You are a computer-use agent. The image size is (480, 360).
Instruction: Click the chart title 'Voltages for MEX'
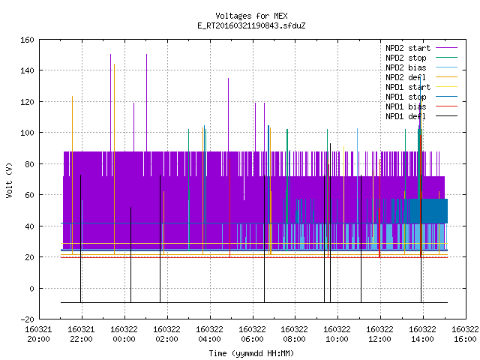click(x=251, y=16)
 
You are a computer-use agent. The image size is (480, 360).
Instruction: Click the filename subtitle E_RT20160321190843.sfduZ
click(x=251, y=25)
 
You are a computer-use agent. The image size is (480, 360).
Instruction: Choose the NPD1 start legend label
click(x=408, y=87)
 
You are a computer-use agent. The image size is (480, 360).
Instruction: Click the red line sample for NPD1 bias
click(x=447, y=106)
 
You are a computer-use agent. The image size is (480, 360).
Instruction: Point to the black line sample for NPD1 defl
click(x=447, y=116)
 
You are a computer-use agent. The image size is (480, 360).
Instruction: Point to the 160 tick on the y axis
click(x=27, y=40)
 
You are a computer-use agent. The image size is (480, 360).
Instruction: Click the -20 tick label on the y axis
click(x=27, y=319)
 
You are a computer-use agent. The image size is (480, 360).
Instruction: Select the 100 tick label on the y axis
click(x=27, y=133)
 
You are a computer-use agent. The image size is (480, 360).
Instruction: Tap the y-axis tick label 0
click(x=31, y=288)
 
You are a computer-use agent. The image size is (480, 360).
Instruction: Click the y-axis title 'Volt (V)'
click(x=9, y=181)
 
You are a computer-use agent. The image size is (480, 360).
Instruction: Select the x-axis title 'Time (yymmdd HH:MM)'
click(x=251, y=353)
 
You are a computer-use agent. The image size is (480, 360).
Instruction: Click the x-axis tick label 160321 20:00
click(x=38, y=334)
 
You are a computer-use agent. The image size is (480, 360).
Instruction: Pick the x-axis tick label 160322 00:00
click(x=124, y=334)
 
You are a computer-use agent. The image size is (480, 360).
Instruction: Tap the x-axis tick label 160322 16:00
click(x=465, y=334)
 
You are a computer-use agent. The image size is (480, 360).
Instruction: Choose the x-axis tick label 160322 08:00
click(x=295, y=334)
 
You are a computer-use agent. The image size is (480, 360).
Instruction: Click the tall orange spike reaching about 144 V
click(x=114, y=159)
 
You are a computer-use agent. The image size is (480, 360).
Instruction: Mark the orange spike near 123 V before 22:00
click(x=72, y=175)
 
